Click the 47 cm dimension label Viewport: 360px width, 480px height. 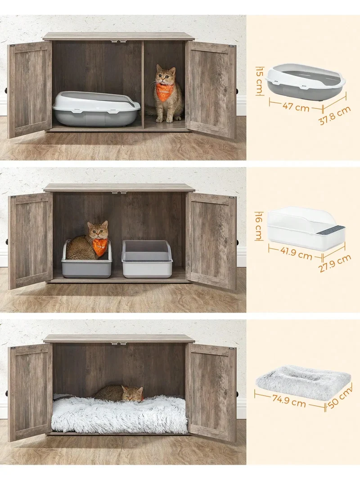pos(295,107)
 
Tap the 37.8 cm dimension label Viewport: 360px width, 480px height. pos(335,115)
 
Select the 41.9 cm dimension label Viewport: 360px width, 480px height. pos(296,252)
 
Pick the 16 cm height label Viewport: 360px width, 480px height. pos(259,226)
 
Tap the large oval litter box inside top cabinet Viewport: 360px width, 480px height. pos(96,108)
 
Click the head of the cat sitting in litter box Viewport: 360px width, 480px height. pos(98,230)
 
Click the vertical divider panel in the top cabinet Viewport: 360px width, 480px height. pos(142,86)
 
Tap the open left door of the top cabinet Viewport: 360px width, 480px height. pos(30,90)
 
